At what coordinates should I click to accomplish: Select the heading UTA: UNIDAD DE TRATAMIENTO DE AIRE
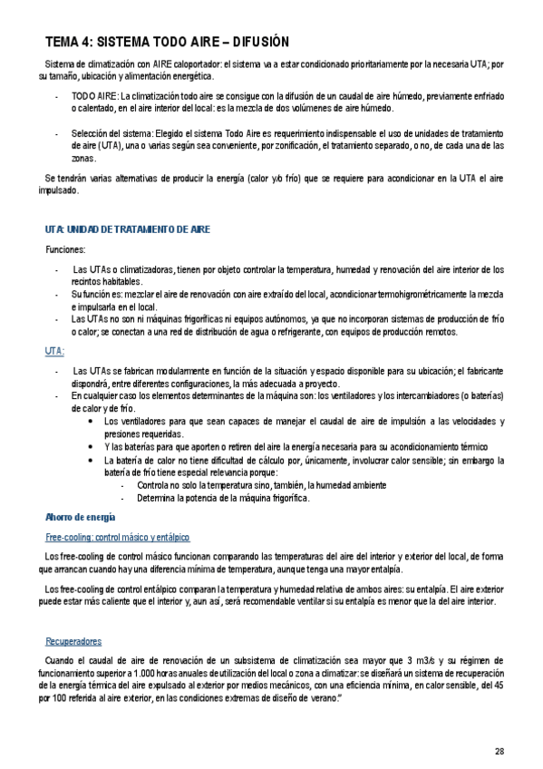click(x=127, y=229)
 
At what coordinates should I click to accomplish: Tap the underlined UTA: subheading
click(x=54, y=350)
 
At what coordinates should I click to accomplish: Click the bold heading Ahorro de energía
click(x=80, y=517)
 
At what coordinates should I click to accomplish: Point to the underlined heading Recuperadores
click(x=73, y=641)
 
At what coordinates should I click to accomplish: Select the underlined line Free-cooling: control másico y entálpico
click(x=118, y=537)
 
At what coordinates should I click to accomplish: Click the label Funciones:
click(x=66, y=249)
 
